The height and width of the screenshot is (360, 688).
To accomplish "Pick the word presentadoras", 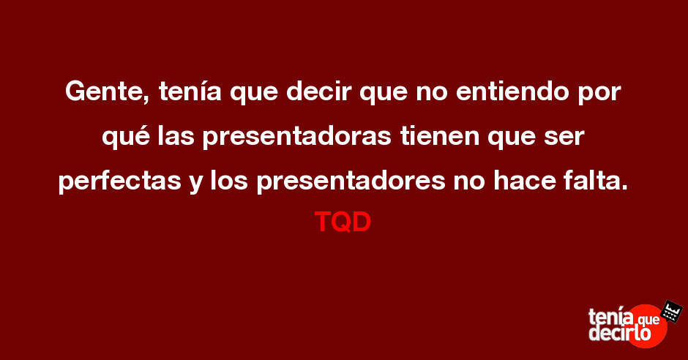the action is click(296, 138).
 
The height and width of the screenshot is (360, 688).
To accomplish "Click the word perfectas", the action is click(120, 181).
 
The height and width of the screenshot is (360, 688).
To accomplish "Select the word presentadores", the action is click(351, 181).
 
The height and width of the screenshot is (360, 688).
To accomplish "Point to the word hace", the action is click(525, 180).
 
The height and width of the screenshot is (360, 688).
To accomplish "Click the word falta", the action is click(597, 180).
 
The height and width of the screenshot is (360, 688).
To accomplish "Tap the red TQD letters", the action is click(343, 222).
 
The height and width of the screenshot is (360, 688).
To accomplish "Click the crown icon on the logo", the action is click(671, 311).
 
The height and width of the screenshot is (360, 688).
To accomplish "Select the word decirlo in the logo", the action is click(619, 333).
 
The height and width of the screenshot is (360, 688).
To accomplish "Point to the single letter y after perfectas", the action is click(195, 184).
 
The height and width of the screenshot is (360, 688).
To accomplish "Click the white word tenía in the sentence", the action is click(190, 91).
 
